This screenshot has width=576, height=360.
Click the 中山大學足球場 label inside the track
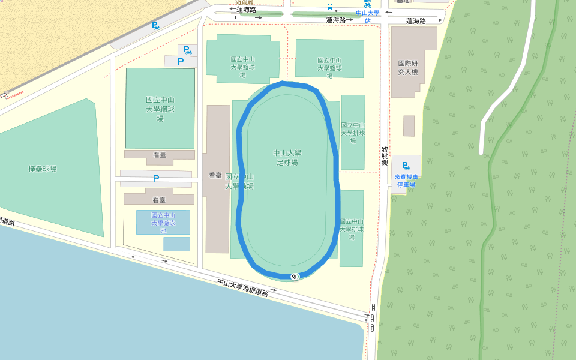tap(287, 158)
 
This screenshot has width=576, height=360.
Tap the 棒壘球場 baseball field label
tap(43, 169)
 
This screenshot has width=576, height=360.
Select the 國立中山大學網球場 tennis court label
tap(160, 109)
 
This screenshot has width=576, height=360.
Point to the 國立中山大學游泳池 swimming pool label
tap(163, 223)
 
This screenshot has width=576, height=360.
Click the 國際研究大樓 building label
tap(407, 67)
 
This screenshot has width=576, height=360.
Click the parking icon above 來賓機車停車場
tap(406, 166)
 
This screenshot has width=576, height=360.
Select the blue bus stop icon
tap(329, 7)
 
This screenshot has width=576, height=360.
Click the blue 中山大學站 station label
tap(368, 16)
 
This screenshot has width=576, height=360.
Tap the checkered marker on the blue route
tap(294, 276)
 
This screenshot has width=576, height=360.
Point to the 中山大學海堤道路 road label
tap(242, 288)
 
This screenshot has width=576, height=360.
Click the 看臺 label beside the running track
tap(215, 176)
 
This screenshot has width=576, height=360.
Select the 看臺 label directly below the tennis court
tap(159, 155)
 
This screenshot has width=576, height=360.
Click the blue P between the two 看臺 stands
tap(156, 178)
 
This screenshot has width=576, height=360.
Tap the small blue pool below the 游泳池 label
tap(176, 244)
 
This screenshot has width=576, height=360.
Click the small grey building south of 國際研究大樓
tap(409, 126)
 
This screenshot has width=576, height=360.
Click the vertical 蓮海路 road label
tap(384, 155)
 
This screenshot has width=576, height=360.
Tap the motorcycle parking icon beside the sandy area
tap(155, 26)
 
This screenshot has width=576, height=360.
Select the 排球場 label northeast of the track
tap(353, 133)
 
